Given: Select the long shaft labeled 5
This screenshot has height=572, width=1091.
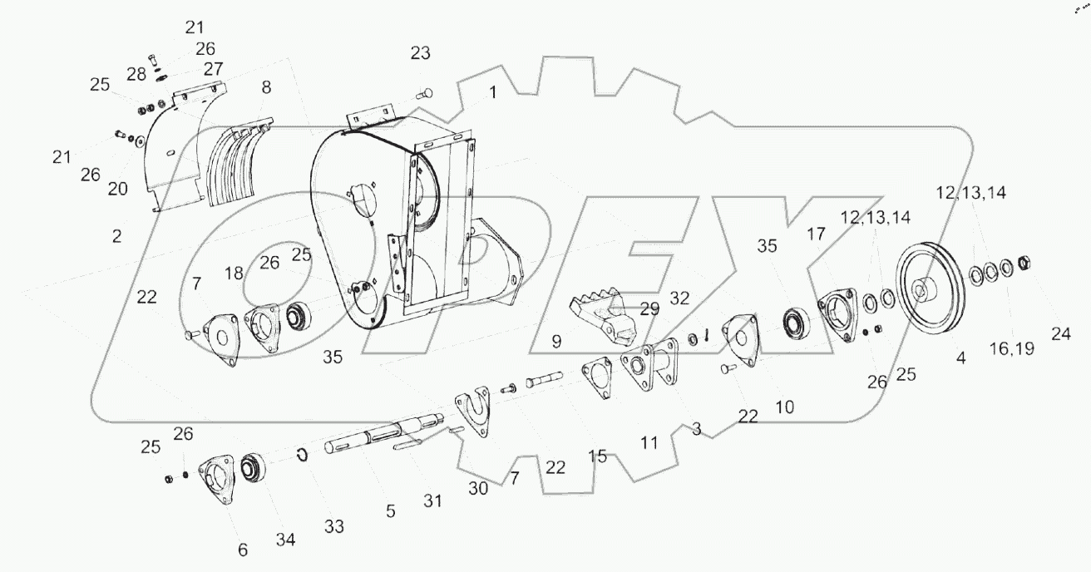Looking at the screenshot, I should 374,438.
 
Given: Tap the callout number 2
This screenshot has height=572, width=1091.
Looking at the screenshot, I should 116,235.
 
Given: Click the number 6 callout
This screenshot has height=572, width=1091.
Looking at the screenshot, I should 243,550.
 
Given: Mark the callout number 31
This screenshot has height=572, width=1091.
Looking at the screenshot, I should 432,500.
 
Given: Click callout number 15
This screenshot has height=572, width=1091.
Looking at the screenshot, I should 598,456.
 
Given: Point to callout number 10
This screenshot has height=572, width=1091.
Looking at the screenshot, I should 784,407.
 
